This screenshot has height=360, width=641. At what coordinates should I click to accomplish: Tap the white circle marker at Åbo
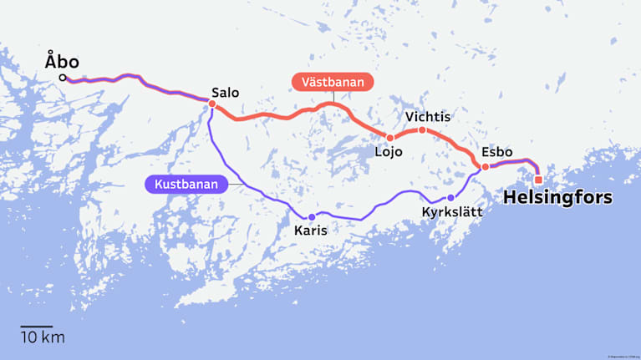64,79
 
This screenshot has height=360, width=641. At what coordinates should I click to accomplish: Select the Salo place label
226,92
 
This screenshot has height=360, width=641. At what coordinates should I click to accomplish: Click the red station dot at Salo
212,104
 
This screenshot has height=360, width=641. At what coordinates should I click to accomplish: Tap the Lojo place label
389,153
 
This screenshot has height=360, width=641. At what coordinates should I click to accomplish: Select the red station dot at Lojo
389,138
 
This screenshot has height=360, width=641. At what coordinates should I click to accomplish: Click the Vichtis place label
427,117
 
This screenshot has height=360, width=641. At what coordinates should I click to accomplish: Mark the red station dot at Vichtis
422,130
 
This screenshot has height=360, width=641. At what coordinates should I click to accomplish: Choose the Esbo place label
497,152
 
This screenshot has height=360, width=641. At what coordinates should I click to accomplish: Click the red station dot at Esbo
486,167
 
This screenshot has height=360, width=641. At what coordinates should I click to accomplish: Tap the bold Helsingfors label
557,199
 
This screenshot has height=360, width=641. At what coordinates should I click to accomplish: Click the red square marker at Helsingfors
538,180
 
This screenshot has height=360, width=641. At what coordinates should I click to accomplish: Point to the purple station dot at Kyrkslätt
450,198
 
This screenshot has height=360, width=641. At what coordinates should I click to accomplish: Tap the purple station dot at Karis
312,217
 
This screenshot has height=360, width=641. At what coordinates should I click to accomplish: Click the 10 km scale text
42,338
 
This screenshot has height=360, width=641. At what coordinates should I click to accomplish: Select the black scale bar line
37,326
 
